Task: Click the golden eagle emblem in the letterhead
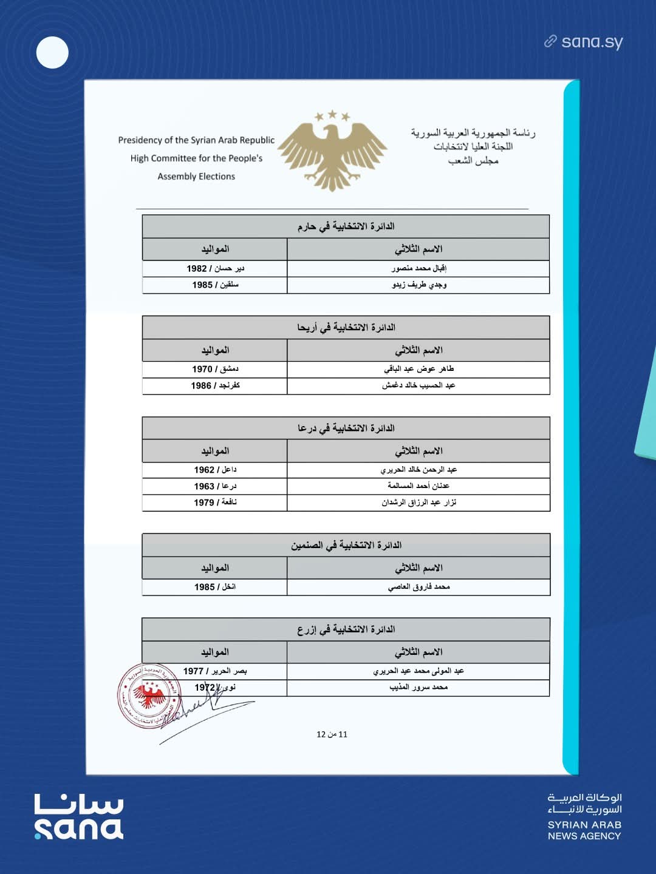coord(332,151)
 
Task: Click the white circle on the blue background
coord(52,53)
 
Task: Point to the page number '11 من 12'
coord(332,734)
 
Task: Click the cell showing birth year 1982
coord(215,268)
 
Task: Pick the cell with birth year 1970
coord(215,369)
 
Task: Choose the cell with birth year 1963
coord(215,486)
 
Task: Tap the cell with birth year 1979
coord(215,503)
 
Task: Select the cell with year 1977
coord(215,671)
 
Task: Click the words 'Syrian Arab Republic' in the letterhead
coord(233,140)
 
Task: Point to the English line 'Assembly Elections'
coord(196,177)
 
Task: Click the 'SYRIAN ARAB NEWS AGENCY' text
coord(584,830)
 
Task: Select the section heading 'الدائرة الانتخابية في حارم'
coord(346,226)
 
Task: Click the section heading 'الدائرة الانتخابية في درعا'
coord(346,429)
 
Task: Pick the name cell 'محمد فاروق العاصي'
coord(419,587)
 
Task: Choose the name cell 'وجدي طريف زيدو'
coord(419,285)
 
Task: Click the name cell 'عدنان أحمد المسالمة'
coord(419,486)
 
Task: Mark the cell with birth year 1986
coord(215,385)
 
